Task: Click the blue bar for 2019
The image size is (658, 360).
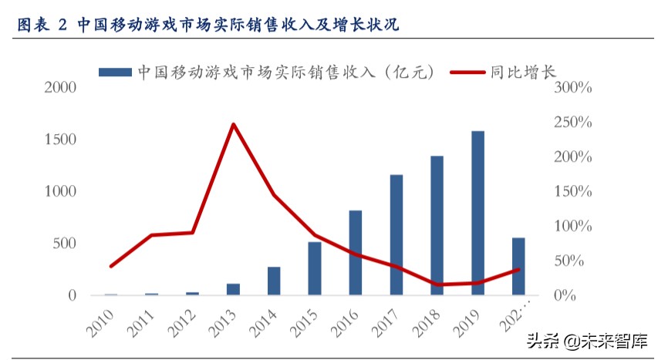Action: tap(477, 213)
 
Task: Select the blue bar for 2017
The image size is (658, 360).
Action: tap(396, 234)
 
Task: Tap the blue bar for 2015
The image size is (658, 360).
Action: tap(315, 267)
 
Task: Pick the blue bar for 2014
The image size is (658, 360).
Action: tap(274, 281)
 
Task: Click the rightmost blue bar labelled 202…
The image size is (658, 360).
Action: tap(518, 266)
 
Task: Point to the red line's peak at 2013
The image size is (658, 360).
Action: tap(233, 124)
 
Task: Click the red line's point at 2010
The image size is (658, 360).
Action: tap(111, 266)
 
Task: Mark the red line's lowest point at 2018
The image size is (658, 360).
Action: tap(437, 284)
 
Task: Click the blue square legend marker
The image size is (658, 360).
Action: tap(115, 72)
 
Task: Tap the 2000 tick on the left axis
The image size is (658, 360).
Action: tap(59, 88)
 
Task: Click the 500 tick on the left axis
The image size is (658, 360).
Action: tap(64, 244)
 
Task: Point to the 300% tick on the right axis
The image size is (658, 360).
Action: tap(572, 88)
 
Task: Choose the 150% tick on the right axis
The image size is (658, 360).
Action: tap(572, 192)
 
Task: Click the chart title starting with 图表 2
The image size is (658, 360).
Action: tap(208, 25)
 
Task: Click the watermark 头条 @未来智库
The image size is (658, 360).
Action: tap(586, 340)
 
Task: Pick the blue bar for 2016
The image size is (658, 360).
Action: tap(356, 252)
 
